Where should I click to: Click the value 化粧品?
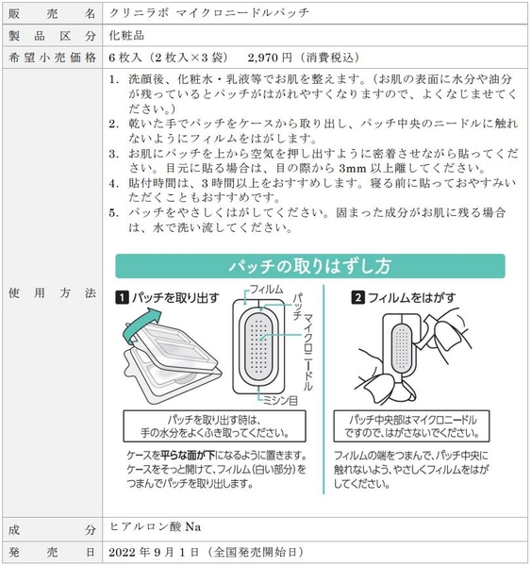tap(128, 35)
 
